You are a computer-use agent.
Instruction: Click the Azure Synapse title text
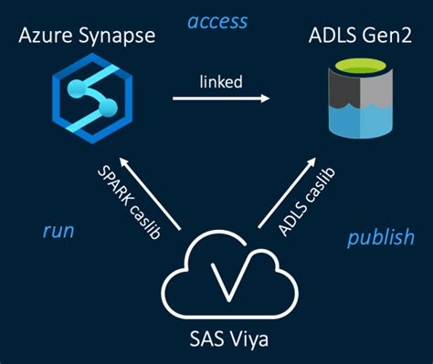tap(88, 38)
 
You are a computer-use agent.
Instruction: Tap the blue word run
tap(58, 231)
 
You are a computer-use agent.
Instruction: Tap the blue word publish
tap(380, 238)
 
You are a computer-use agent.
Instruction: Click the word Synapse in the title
tap(115, 39)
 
